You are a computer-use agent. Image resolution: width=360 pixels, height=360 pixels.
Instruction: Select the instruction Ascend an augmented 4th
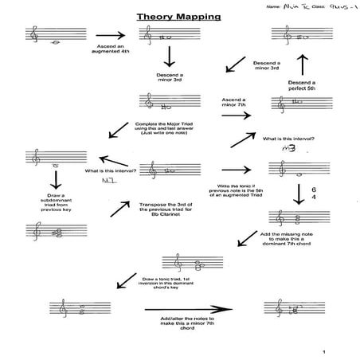[109, 50]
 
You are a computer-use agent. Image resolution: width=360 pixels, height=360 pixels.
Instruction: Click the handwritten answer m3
[276, 148]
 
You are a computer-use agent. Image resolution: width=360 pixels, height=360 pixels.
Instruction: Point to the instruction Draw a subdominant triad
[55, 205]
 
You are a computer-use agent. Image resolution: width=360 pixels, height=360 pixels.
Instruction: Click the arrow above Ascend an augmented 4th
[110, 35]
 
